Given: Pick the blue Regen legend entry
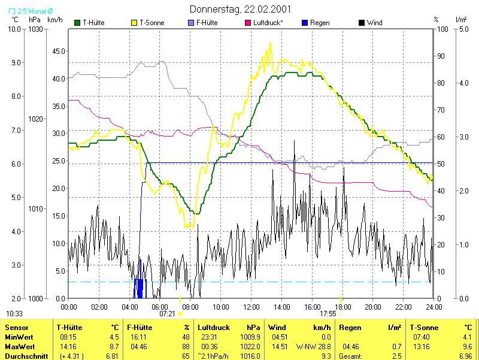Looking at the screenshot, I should (320, 23).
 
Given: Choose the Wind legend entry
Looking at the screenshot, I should (374, 23).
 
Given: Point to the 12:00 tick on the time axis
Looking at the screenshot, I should (251, 307).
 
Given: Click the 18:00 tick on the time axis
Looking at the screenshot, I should (342, 307).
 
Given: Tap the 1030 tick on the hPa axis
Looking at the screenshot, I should (37, 29).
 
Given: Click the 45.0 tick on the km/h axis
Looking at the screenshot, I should (58, 51).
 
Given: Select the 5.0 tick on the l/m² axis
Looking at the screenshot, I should (462, 29).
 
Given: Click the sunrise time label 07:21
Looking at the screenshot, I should (167, 313).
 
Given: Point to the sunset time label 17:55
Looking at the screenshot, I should (328, 313).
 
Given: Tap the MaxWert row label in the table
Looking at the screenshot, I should (20, 347).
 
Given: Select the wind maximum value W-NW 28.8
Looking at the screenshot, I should (313, 347).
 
